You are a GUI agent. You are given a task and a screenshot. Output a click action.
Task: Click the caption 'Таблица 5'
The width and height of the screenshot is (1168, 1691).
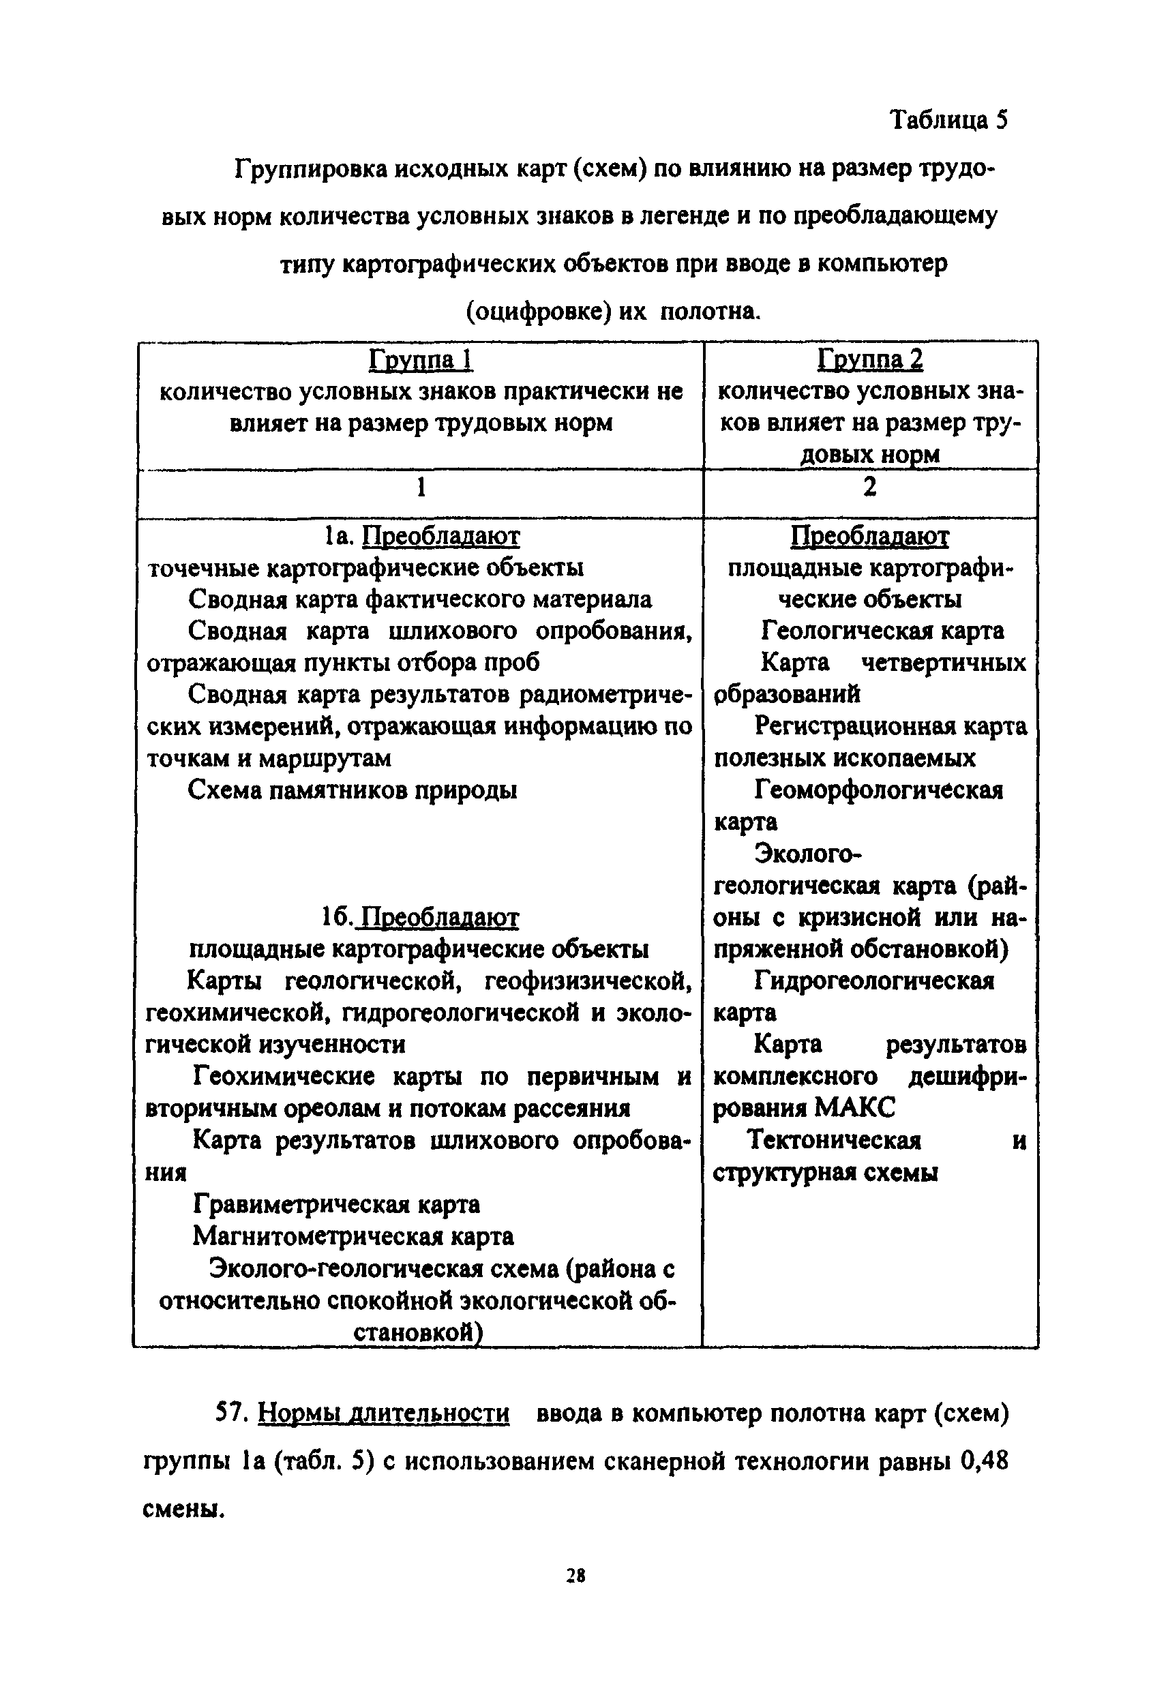coord(948,119)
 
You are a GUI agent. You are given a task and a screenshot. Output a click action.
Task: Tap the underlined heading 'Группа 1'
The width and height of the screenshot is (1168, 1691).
coord(421,359)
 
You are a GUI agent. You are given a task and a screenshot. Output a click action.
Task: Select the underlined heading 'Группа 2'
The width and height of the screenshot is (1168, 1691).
coord(870,359)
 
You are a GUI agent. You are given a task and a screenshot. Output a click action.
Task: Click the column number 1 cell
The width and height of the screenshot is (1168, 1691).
coord(421,488)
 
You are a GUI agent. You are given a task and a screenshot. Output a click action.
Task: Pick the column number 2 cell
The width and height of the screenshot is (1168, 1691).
coord(869,487)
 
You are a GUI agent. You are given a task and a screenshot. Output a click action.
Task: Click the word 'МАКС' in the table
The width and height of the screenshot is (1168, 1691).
coord(854,1108)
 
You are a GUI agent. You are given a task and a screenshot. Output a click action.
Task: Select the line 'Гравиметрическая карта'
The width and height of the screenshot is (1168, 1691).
coord(337,1203)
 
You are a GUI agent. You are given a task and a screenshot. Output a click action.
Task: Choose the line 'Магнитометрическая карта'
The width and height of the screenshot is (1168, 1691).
coord(353,1236)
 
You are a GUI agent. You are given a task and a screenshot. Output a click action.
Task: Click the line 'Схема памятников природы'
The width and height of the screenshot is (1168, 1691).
coord(353,790)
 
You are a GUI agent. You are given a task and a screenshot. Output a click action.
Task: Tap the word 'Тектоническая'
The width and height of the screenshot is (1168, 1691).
coord(833,1140)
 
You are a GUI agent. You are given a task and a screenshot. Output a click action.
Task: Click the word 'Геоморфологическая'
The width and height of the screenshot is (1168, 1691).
coord(878,790)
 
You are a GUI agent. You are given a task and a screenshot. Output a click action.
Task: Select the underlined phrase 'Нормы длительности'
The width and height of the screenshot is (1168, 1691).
coord(383,1413)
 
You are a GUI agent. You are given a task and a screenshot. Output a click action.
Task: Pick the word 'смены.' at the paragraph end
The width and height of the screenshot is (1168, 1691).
coord(183,1510)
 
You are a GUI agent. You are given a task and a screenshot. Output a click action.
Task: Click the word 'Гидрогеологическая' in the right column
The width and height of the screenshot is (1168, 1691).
coord(874,981)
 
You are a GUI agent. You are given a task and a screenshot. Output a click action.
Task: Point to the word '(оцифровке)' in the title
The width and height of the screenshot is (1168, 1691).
coord(539,312)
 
